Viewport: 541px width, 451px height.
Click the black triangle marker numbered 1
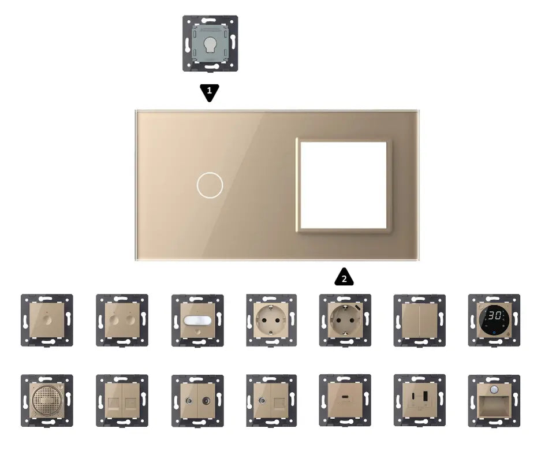[210, 92]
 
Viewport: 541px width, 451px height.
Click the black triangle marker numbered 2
[344, 277]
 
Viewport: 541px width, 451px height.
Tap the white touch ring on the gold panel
[210, 185]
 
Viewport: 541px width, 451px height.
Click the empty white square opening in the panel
[344, 185]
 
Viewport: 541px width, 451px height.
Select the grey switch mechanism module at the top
[210, 43]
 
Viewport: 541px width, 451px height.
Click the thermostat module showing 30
[494, 320]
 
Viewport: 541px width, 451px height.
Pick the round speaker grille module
[47, 401]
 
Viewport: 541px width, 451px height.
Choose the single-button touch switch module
[47, 320]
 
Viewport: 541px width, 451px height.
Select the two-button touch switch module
[122, 320]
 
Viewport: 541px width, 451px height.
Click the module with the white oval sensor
[197, 320]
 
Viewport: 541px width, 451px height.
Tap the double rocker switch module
[420, 320]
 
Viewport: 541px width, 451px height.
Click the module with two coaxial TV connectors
[197, 401]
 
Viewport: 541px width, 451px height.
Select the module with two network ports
[122, 401]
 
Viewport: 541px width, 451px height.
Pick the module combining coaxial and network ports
[271, 401]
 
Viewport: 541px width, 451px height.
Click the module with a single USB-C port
[345, 400]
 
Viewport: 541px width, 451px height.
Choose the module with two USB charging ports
[420, 400]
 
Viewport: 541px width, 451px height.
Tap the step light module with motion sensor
[494, 401]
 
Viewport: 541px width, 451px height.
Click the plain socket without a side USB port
[271, 320]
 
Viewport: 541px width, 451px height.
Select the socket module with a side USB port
[345, 320]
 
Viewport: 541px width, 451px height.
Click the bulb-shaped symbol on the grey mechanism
[210, 44]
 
